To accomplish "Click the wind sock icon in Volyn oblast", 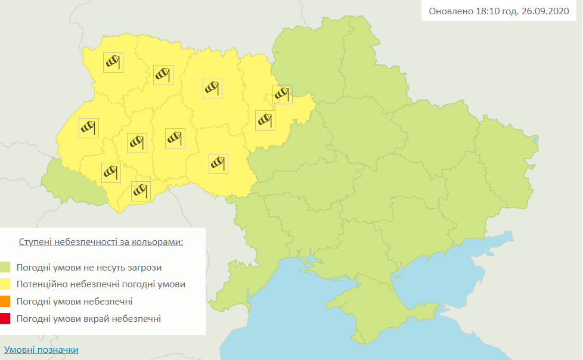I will coord(113,62).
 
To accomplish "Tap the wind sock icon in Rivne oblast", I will coord(163,75).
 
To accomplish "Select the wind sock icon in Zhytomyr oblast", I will coord(212,88).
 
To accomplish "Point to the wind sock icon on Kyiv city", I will coord(282,94).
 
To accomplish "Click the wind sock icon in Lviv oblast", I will coord(88,128).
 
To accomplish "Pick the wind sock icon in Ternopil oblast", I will coord(137,143).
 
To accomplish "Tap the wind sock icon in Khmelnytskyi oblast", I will coord(175,138).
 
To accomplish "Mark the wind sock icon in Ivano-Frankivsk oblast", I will coord(111,172).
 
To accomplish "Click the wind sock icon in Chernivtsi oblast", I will coord(141,191).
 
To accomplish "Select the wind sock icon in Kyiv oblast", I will coord(265,120).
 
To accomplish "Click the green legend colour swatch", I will coord(5,268).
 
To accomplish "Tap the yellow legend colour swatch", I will coord(5,284).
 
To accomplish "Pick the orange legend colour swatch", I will coord(5,302).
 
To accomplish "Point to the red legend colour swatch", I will coord(5,319).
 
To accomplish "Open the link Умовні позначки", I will coord(41,350).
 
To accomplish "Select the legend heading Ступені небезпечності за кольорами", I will coord(101,243).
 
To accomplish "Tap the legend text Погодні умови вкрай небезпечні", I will coord(89,319).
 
